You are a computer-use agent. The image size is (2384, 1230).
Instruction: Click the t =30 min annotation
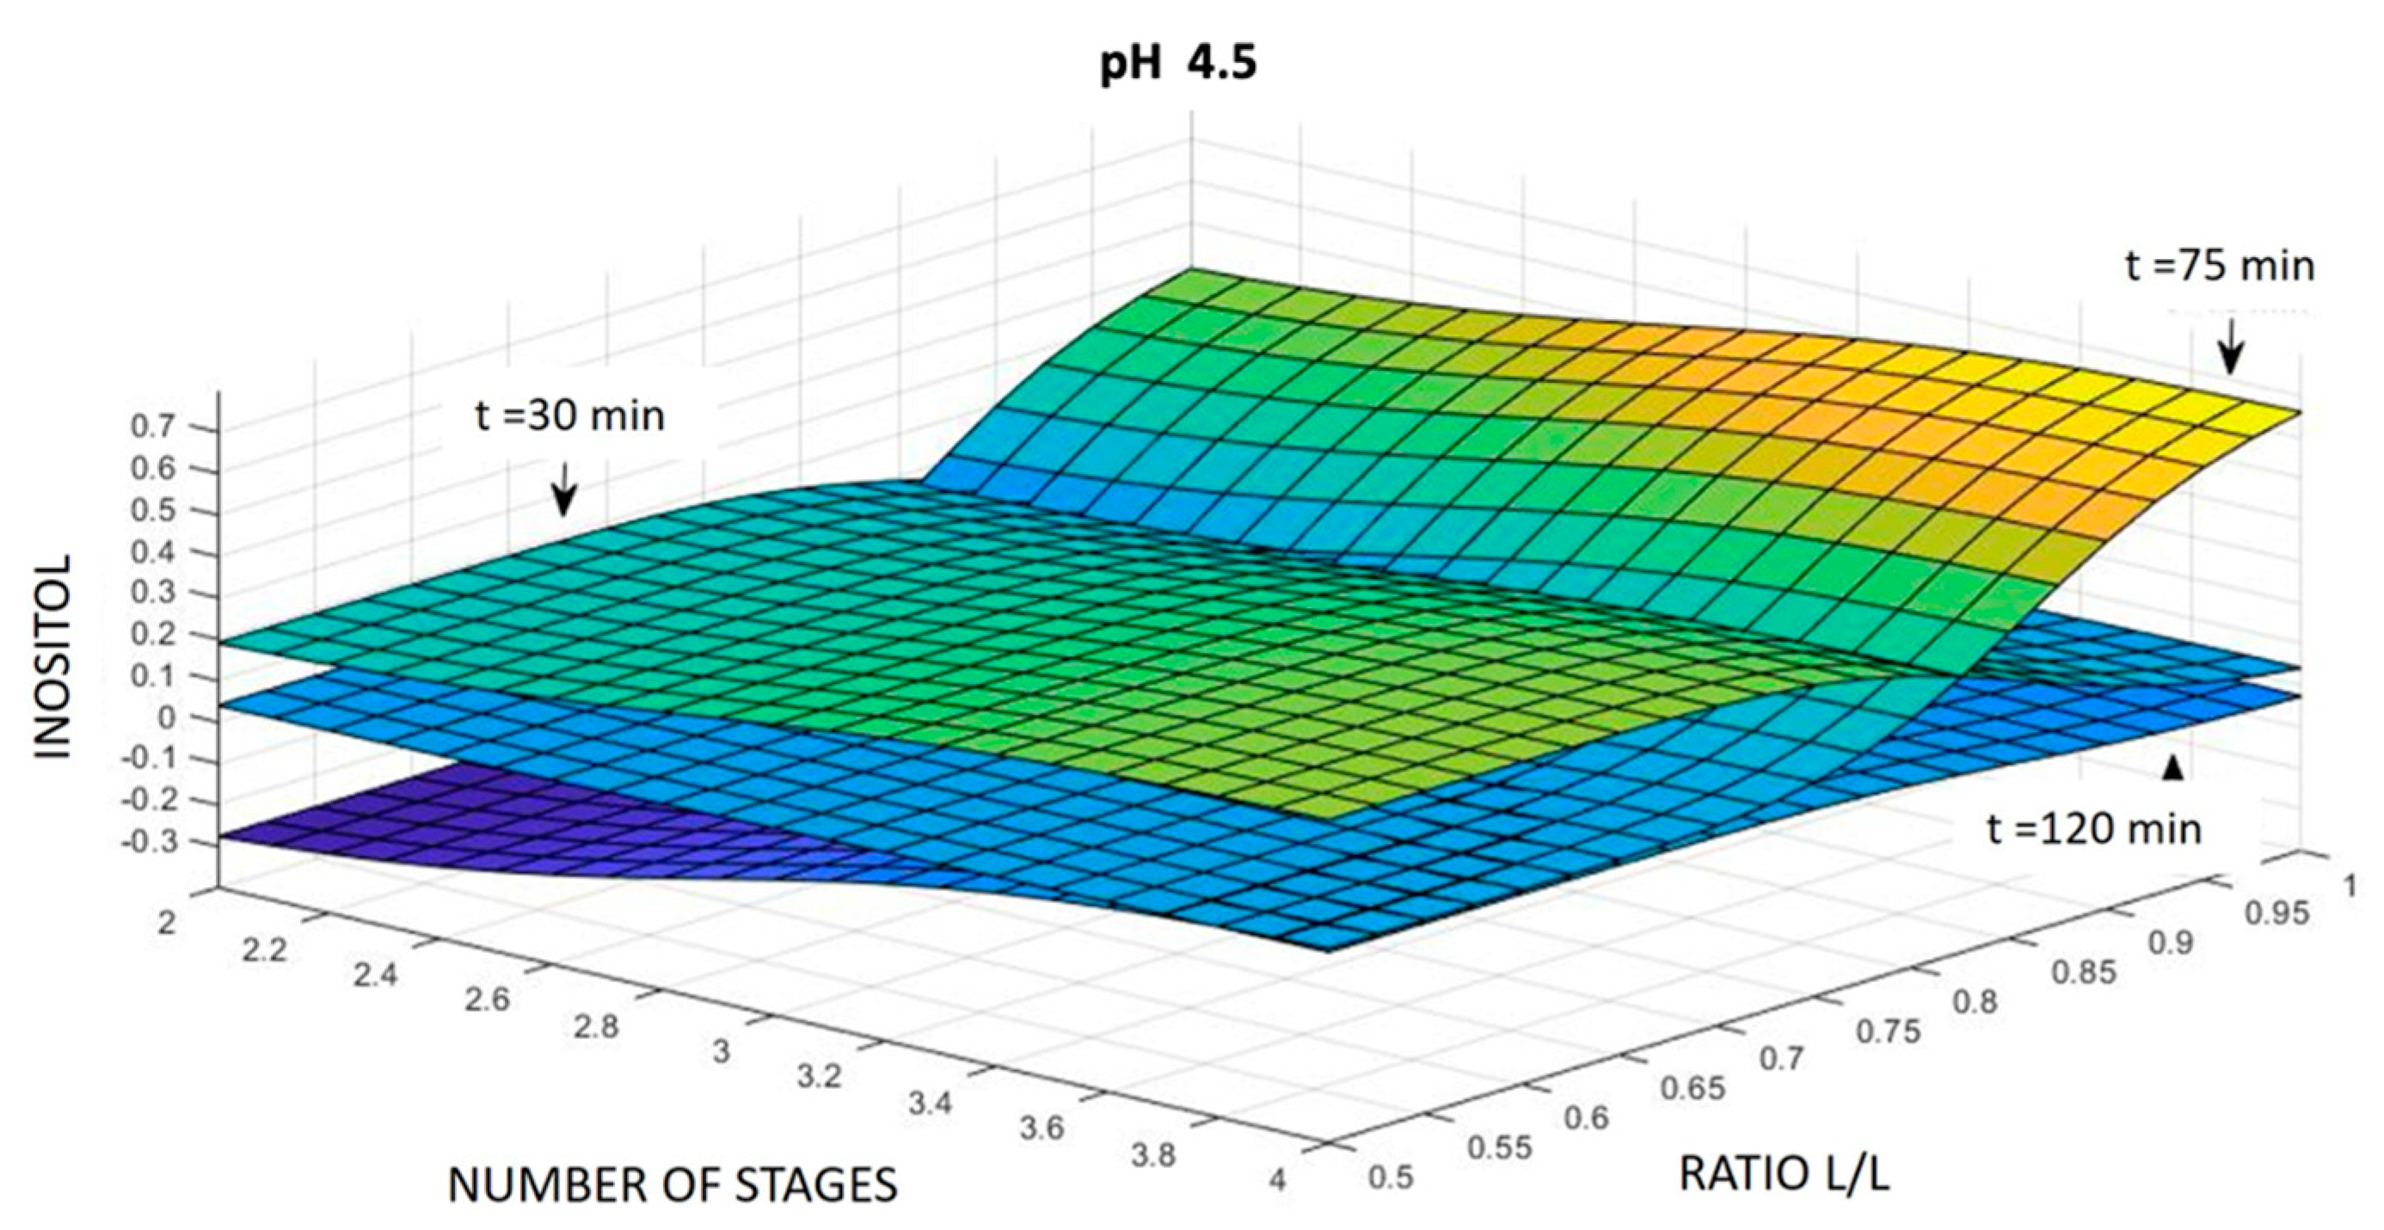[570, 415]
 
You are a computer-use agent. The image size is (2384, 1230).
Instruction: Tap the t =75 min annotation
[2219, 267]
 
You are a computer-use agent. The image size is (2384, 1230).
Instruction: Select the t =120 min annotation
[2094, 829]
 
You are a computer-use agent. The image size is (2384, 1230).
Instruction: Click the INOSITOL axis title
[53, 657]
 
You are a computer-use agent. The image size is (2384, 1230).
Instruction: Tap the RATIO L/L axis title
[1784, 1176]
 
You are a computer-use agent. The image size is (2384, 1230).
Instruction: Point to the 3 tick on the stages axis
[721, 1052]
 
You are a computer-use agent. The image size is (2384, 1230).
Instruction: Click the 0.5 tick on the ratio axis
[1389, 1178]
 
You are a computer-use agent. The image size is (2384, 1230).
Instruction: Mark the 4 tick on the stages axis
[1278, 1181]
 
